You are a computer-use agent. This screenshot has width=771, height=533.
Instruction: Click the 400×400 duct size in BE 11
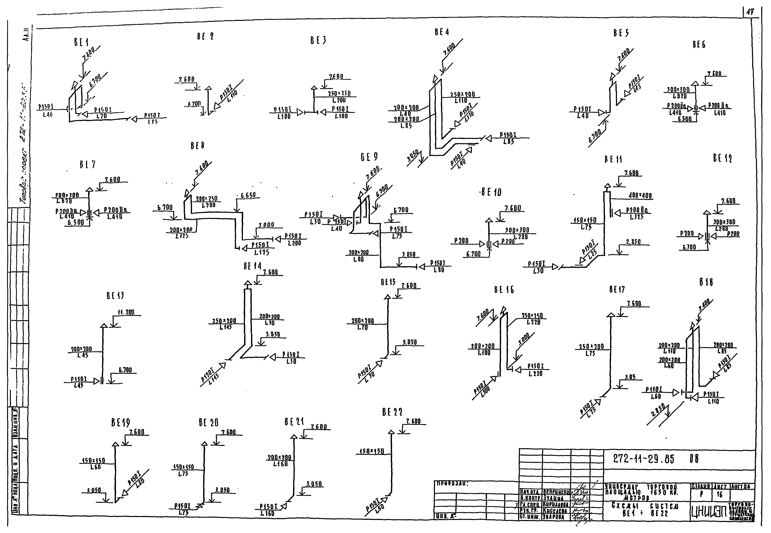pos(640,195)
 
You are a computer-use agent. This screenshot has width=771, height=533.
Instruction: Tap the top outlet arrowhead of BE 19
pos(115,444)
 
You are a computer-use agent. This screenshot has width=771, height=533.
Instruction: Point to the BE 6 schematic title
pos(699,44)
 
